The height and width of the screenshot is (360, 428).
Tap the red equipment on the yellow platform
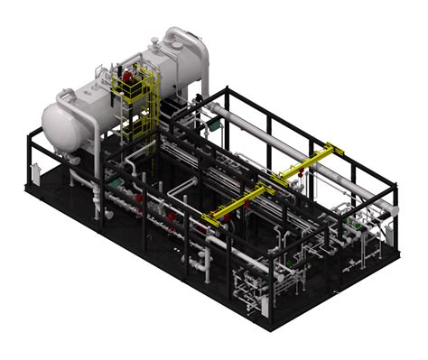[129, 78]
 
